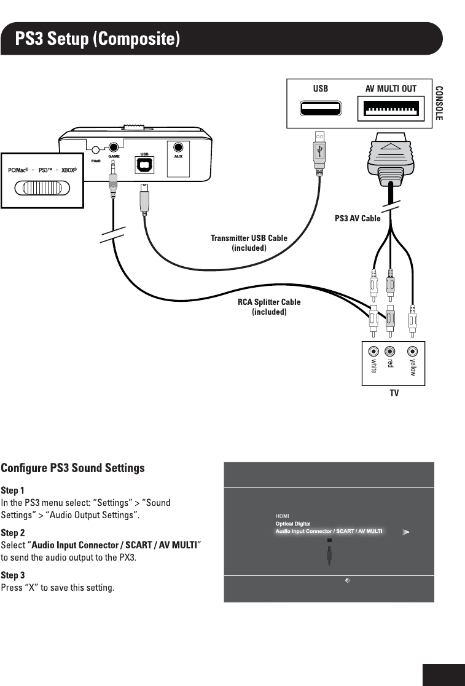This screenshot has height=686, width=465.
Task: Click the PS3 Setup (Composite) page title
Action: point(99,39)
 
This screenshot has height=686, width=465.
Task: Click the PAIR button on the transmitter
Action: point(96,149)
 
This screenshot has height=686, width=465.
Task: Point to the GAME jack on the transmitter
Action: point(114,148)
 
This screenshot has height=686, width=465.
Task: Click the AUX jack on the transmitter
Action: point(179,148)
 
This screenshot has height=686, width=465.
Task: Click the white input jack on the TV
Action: point(373,352)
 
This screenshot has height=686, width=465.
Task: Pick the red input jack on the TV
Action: point(389,352)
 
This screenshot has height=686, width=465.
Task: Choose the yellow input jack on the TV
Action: point(413,352)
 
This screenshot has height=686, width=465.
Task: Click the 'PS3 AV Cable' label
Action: point(358,218)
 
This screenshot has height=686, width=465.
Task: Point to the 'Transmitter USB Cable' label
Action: point(249,238)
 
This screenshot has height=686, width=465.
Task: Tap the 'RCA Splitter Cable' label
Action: point(269,302)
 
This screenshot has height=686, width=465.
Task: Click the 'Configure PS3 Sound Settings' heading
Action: point(73,468)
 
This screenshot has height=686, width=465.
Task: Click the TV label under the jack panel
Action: point(394,392)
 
